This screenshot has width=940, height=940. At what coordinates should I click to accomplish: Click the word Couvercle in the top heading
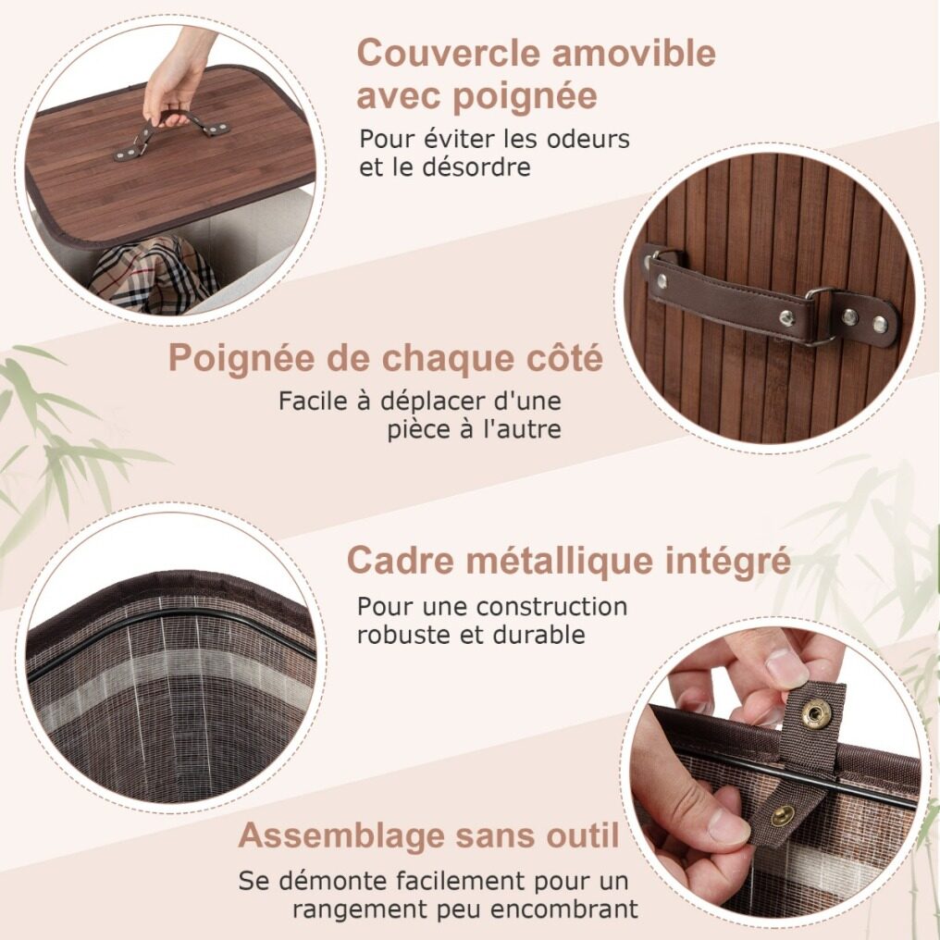coord(449,53)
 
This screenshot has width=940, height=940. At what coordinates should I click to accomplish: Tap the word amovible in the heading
coord(634,53)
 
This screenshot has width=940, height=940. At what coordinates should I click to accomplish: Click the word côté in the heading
coord(563,358)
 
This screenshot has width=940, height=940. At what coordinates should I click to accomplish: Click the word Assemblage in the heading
coord(341,835)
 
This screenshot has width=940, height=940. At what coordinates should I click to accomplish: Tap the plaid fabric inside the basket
coord(154,274)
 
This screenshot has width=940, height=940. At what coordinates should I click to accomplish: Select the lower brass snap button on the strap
coord(783,816)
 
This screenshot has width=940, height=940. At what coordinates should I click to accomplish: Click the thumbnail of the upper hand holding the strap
coord(785,669)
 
